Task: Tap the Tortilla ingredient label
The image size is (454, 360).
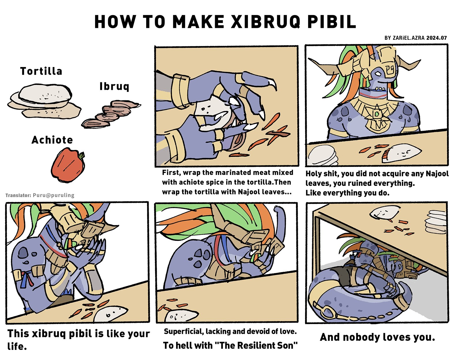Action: pos(41,71)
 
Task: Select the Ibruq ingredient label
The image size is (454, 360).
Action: pos(114,86)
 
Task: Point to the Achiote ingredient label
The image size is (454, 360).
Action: pos(52,140)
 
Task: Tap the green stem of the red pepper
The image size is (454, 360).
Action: pos(82,155)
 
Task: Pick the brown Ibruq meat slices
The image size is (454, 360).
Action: pos(111,114)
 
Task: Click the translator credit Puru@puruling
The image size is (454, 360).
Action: pos(54,195)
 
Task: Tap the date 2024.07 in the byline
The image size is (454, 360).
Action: pos(436,38)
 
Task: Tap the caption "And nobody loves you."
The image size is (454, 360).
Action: pos(378,337)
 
